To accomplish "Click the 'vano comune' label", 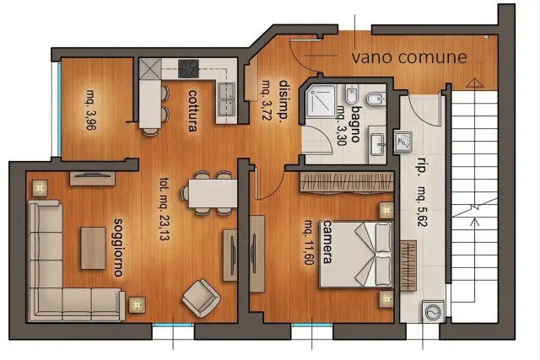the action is [x=409, y=57].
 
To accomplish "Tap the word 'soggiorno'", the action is [x=119, y=248].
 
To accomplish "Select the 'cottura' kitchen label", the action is [x=193, y=110].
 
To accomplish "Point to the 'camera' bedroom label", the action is [x=327, y=242].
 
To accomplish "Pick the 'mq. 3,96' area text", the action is [x=91, y=110].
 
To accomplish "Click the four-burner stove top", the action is [x=188, y=68].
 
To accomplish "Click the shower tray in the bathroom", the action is [x=321, y=101].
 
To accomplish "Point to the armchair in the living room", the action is [x=201, y=298].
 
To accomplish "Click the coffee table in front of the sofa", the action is [x=94, y=248].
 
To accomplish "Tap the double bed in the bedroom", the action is [x=356, y=254].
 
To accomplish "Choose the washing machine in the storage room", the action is [x=433, y=312].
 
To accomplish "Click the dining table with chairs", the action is [x=210, y=193].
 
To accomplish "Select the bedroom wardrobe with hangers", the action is [x=347, y=181].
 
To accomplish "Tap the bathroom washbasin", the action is [x=378, y=144].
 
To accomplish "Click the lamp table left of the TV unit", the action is [x=40, y=188].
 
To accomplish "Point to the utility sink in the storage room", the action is [x=402, y=142].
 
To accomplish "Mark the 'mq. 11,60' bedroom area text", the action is [x=309, y=243].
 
